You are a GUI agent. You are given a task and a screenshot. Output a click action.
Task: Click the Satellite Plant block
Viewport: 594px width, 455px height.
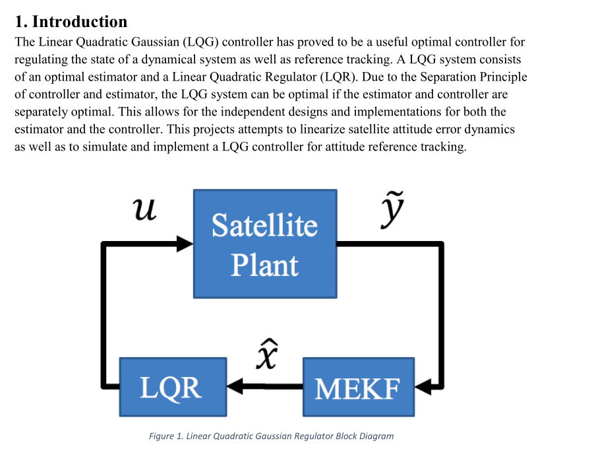click(264, 244)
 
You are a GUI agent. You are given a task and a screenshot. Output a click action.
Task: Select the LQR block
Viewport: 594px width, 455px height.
click(173, 386)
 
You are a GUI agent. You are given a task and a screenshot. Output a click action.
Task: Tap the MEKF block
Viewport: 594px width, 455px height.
click(358, 386)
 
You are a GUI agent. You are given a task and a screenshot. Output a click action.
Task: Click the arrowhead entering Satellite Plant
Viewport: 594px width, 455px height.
click(185, 244)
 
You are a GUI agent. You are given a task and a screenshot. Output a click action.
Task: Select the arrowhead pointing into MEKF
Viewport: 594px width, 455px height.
click(423, 386)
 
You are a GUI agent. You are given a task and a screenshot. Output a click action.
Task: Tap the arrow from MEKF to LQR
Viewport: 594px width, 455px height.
click(264, 386)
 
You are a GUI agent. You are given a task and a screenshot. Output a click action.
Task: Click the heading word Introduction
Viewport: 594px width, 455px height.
click(80, 22)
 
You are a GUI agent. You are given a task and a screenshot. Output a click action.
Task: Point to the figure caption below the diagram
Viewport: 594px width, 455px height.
click(271, 436)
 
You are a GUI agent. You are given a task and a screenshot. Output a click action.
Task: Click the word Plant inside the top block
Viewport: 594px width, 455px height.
click(264, 265)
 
